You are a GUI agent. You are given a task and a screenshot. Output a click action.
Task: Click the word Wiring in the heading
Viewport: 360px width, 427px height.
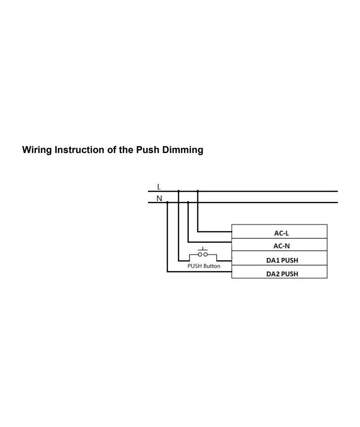[37, 150]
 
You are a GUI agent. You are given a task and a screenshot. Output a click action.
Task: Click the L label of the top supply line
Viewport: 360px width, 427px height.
[159, 186]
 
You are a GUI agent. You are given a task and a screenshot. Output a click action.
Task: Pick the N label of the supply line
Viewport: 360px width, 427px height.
[159, 198]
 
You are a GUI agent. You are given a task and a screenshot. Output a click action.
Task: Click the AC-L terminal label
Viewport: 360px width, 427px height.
[281, 233]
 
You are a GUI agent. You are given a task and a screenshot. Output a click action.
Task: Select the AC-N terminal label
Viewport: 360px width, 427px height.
[281, 246]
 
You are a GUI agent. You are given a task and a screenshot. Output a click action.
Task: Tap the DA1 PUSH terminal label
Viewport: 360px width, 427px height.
[282, 261]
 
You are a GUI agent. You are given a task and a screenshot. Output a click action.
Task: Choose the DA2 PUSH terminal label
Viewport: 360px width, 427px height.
[282, 274]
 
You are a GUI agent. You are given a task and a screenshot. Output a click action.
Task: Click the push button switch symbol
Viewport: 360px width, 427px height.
[203, 253]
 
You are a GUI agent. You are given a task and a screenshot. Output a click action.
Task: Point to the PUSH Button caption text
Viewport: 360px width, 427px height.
[204, 266]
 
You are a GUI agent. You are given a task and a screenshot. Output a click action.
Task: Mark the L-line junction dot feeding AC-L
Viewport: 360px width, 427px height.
[198, 191]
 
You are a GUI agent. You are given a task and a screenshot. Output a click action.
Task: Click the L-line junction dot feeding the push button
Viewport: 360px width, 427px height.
[178, 191]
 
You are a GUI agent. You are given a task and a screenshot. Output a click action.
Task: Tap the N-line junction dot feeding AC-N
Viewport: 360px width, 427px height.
[188, 202]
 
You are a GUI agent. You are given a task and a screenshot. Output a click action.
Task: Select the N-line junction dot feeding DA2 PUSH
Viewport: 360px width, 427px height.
[167, 202]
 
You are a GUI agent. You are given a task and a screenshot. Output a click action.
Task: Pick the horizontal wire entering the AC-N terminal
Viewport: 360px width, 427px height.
[210, 242]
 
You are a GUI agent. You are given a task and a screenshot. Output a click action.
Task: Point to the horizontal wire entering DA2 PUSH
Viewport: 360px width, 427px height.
[198, 272]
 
